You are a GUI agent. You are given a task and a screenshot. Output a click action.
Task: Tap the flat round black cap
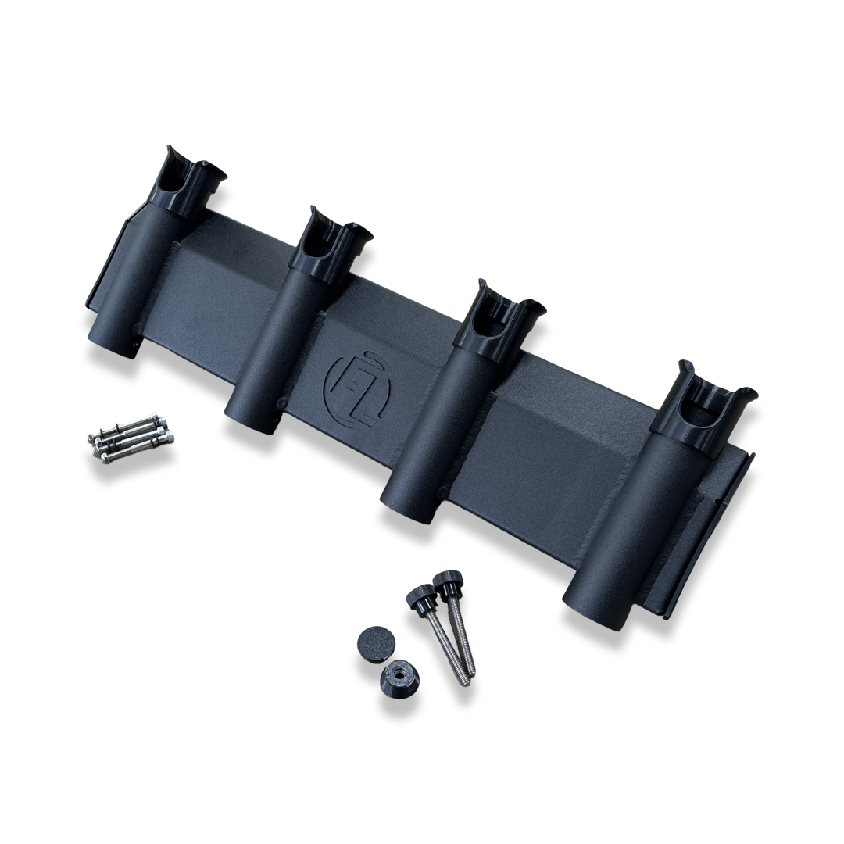tap(376, 644)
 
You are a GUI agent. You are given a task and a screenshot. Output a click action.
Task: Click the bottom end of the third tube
tap(406, 507)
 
